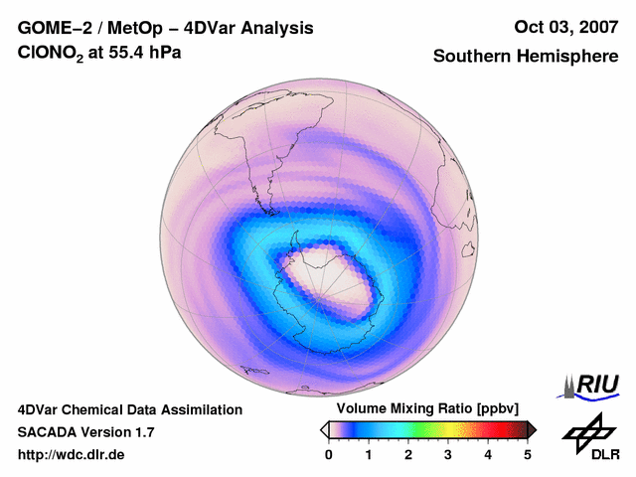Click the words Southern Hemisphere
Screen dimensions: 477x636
point(526,57)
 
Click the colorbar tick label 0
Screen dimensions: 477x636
point(329,454)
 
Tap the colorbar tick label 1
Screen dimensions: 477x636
point(369,454)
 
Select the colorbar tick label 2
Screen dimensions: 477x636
point(408,454)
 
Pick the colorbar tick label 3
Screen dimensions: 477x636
point(448,454)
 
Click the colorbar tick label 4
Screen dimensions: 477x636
point(488,454)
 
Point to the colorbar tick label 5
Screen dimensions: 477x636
point(528,454)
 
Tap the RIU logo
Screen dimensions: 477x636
point(591,385)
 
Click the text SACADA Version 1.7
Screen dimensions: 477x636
point(85,432)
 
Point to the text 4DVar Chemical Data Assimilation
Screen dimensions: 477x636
point(130,409)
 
